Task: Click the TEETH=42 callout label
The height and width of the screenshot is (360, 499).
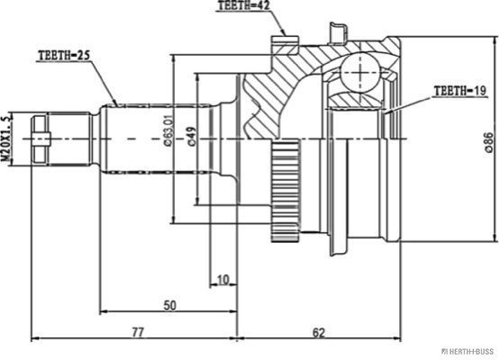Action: pyautogui.click(x=244, y=5)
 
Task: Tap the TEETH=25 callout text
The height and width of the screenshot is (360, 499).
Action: pyautogui.click(x=65, y=55)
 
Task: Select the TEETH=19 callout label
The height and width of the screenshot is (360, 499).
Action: pyautogui.click(x=460, y=91)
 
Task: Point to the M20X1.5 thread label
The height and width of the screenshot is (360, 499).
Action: pyautogui.click(x=6, y=139)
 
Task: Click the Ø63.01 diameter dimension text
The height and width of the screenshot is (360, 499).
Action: pyautogui.click(x=168, y=130)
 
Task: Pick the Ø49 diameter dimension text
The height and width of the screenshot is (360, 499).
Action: pyautogui.click(x=192, y=137)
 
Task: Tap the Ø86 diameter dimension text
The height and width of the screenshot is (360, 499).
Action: pyautogui.click(x=489, y=142)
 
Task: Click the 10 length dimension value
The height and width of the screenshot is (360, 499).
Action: pyautogui.click(x=223, y=280)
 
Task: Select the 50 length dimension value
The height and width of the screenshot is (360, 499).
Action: pyautogui.click(x=170, y=305)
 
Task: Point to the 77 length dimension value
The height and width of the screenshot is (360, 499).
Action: pyautogui.click(x=138, y=332)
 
